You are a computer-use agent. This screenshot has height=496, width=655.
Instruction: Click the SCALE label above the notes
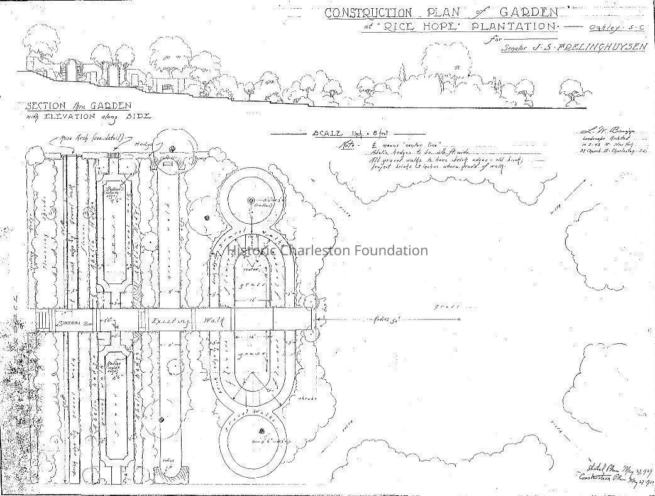pos(326,134)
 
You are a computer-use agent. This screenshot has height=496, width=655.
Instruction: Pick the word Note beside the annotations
pos(346,144)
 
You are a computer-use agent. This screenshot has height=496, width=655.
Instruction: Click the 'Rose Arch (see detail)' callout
pos(91,138)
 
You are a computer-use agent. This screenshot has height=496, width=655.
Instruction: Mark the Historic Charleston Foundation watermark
pos(327,251)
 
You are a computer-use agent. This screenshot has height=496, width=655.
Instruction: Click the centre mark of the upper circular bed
pos(250,201)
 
